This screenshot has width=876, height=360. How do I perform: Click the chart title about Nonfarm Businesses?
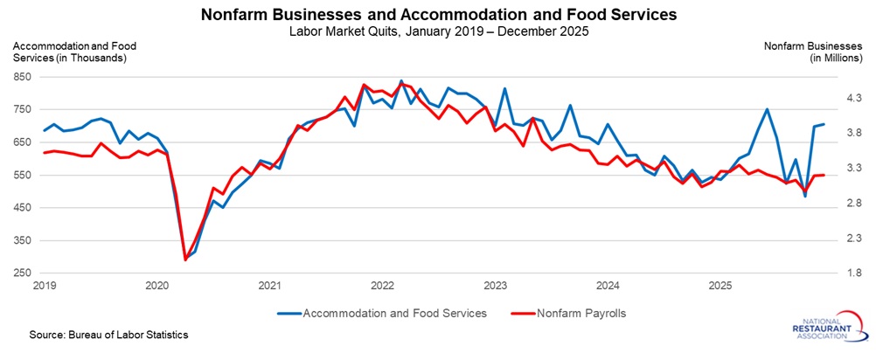coord(438,15)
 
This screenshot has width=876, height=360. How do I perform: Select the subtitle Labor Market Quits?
coord(438,32)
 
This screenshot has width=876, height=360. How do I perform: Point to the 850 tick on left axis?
coord(21,77)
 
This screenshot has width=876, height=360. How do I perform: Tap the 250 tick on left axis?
coord(21,273)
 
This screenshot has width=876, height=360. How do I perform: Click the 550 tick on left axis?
coord(21,175)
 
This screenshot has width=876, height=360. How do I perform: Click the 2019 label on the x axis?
coord(45,286)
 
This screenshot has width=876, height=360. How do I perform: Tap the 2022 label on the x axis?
coord(382,286)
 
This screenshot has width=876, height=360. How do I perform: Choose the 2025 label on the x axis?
coord(720,286)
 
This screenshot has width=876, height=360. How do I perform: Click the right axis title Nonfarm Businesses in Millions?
coord(813,52)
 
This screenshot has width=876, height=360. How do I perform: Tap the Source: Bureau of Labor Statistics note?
coord(96,335)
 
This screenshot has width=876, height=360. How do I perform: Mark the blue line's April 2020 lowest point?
coord(185,259)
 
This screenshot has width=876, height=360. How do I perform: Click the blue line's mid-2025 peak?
coord(768,109)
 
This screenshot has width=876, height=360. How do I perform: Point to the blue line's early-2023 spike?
coord(504,88)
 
